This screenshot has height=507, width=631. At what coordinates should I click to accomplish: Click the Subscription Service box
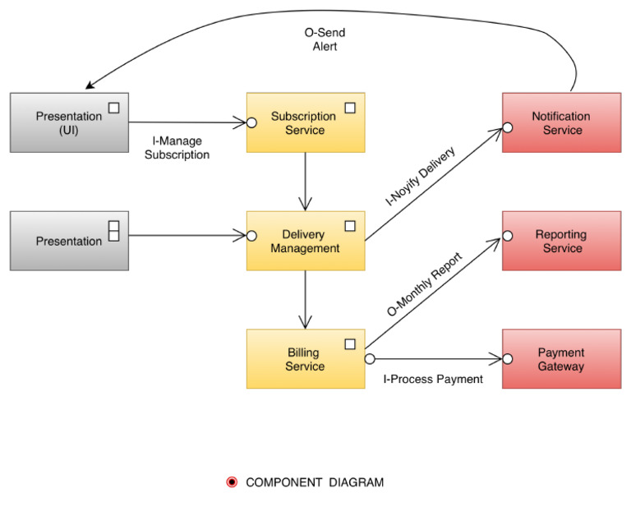(x=305, y=122)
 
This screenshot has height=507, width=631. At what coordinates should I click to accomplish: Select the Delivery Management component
(x=305, y=241)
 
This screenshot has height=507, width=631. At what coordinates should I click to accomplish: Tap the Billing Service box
(x=305, y=359)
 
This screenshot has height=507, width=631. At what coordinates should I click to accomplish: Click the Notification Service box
(x=562, y=122)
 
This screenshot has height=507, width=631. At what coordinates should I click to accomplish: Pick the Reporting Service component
(x=562, y=241)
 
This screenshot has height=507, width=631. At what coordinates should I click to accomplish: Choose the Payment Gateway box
(x=562, y=359)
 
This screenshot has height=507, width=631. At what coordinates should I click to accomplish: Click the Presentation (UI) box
(x=69, y=122)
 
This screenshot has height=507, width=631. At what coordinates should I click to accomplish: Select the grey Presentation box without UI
(x=69, y=241)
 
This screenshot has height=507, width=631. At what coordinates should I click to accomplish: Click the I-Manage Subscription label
(x=177, y=148)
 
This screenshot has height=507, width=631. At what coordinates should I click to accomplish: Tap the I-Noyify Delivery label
(x=419, y=177)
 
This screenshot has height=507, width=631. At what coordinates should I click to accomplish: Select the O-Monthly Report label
(x=424, y=284)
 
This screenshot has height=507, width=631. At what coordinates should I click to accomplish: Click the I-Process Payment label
(x=432, y=380)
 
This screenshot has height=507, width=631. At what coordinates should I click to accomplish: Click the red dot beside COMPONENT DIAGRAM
(x=232, y=482)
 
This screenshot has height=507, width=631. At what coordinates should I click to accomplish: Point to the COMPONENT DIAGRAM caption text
(x=315, y=482)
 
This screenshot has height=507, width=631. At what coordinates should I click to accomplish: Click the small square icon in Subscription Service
(x=350, y=108)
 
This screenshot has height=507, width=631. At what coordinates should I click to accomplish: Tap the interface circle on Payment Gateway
(x=507, y=359)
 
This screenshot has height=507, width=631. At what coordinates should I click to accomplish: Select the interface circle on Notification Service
(x=507, y=127)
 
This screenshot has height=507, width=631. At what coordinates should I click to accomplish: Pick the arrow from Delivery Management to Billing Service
(x=305, y=299)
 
